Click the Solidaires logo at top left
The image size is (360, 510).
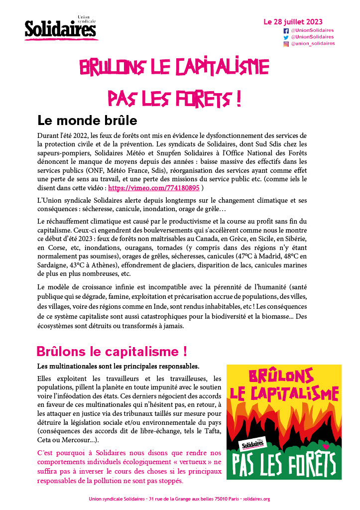click(60, 29)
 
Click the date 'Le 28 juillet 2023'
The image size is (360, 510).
click(293, 22)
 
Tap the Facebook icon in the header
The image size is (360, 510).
click(286, 30)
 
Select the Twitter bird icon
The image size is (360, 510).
click(286, 37)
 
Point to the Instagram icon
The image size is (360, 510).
click(286, 44)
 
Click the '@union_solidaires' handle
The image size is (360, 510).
click(313, 44)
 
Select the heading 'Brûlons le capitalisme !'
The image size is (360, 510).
click(112, 351)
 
